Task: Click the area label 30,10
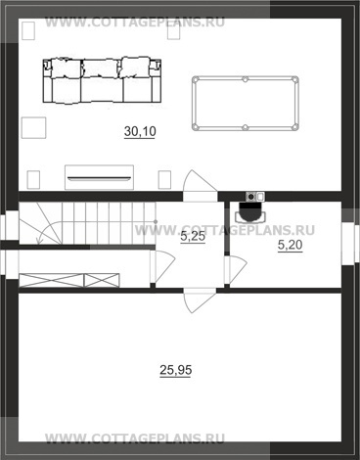click(x=140, y=131)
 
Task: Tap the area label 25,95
click(x=176, y=370)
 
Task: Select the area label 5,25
click(x=193, y=237)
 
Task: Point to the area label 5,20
click(x=290, y=245)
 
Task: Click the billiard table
click(x=246, y=104)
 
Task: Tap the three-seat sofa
click(x=102, y=81)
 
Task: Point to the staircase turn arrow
click(x=49, y=232)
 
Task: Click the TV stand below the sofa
click(x=99, y=177)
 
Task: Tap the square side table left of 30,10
click(x=33, y=128)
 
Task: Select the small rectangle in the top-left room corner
click(x=28, y=30)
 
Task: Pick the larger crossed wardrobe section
click(x=51, y=281)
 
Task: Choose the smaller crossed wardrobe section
click(x=102, y=281)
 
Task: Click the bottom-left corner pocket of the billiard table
click(x=196, y=127)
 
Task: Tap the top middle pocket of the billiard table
click(x=246, y=79)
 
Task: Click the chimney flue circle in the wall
click(x=250, y=197)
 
